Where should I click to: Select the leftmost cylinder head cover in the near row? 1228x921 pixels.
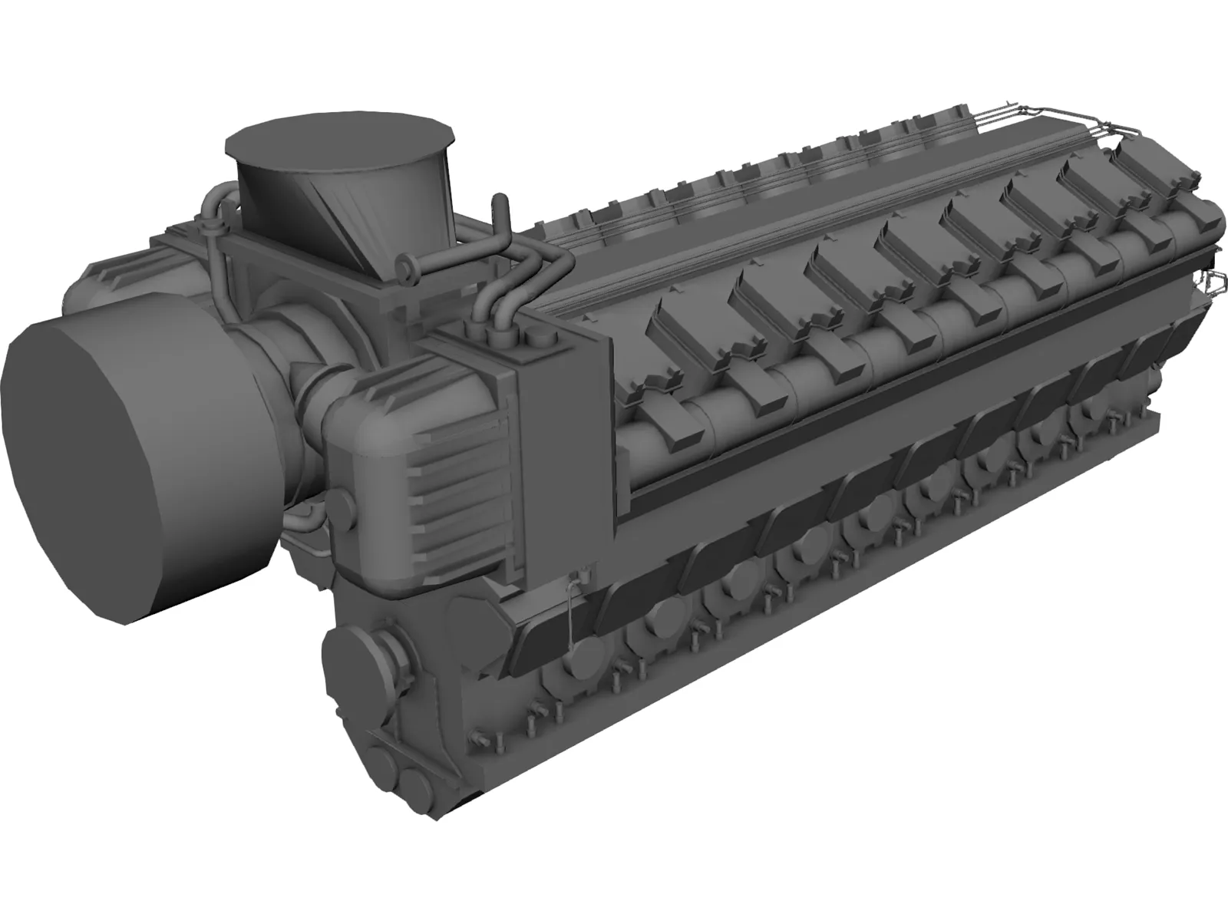pos(683,326)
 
